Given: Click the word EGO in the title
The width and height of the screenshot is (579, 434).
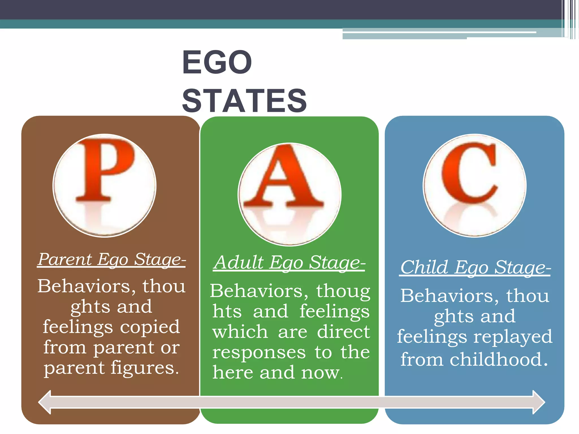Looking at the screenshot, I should pos(217,62).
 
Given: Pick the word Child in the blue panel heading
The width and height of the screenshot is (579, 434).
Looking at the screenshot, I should pos(424,267).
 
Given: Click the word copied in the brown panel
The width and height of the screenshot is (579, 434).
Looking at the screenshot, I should pos(150,327).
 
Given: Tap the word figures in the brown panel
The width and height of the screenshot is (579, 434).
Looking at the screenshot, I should pos(144,368).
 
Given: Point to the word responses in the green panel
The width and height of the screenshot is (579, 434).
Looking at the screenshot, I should pos(259,352).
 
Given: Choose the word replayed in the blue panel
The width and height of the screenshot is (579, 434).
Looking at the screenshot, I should pos(513,337).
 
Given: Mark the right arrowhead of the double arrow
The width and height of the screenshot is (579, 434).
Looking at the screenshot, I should pos(538,402).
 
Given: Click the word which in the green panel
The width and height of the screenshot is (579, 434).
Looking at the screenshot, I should pos(240,332).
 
